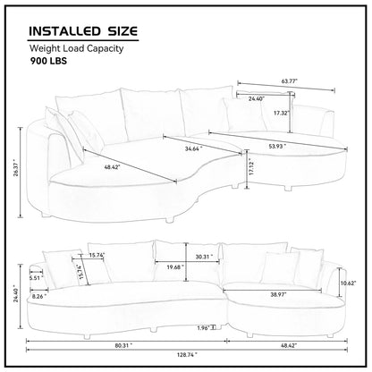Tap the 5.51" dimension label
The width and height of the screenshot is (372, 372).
(36, 277)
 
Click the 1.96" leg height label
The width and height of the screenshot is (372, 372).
(204, 326)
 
